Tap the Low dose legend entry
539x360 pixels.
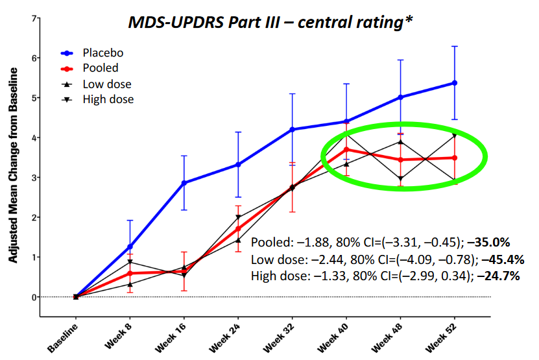click(106, 84)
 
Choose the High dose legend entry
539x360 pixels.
click(108, 99)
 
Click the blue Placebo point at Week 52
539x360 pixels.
click(455, 83)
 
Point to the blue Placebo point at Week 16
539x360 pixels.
click(184, 183)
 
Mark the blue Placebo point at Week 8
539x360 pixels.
click(130, 246)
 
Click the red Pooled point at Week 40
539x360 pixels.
click(346, 149)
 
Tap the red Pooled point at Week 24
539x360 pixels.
click(238, 228)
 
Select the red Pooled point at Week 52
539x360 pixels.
click(455, 158)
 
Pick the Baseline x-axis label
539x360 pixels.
click(65, 336)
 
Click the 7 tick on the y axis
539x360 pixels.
click(34, 18)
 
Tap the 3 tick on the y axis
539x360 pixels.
click(34, 178)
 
